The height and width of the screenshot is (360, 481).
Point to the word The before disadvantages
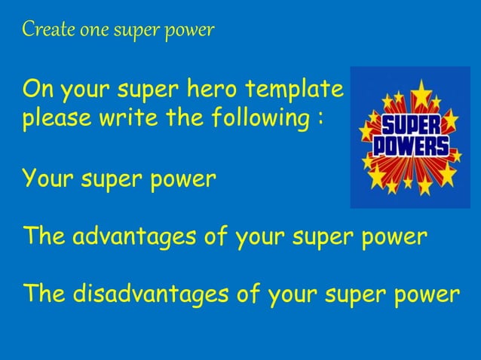(x=44, y=293)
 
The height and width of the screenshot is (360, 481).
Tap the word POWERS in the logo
(x=412, y=146)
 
